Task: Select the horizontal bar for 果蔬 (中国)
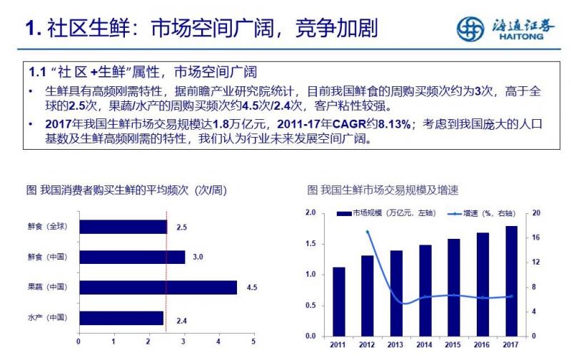pos(158,287)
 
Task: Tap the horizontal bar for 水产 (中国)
pos(121,318)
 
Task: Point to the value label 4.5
pos(251,287)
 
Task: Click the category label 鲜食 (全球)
pos(46,227)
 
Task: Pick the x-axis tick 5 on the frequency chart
pos(253,342)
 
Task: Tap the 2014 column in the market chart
pos(425,290)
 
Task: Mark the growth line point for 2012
pos(368,232)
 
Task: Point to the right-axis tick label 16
pos(536,237)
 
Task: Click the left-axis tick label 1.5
pos(310,244)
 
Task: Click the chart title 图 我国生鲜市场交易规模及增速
pos(383,190)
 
